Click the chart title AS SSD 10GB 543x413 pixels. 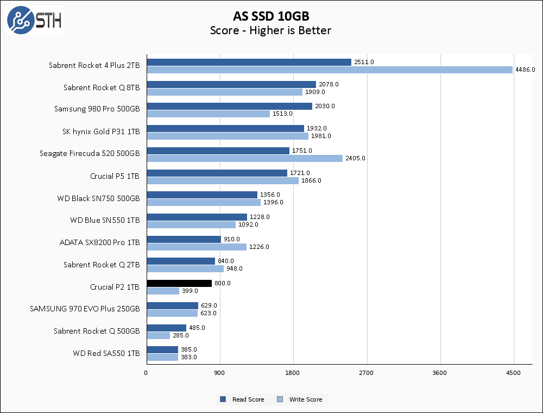coord(271,16)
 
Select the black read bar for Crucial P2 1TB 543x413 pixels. coord(179,283)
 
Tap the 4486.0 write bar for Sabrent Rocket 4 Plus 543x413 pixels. coord(330,70)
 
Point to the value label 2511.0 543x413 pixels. coord(364,62)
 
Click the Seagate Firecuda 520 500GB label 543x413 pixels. coord(90,154)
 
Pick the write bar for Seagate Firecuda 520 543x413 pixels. coord(244,158)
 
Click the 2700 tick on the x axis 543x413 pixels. coord(367,373)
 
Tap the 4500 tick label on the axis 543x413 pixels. coord(513,373)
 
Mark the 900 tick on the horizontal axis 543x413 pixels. coord(220,373)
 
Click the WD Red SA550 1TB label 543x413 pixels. coord(106,353)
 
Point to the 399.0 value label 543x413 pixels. coord(190,291)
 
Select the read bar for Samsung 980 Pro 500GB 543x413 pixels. coord(229,106)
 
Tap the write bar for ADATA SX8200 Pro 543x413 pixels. coord(197,247)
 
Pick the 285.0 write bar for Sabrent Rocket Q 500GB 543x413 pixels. coord(158,335)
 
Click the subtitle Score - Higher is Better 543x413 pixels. coord(271,30)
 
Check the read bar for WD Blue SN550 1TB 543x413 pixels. coord(197,217)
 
